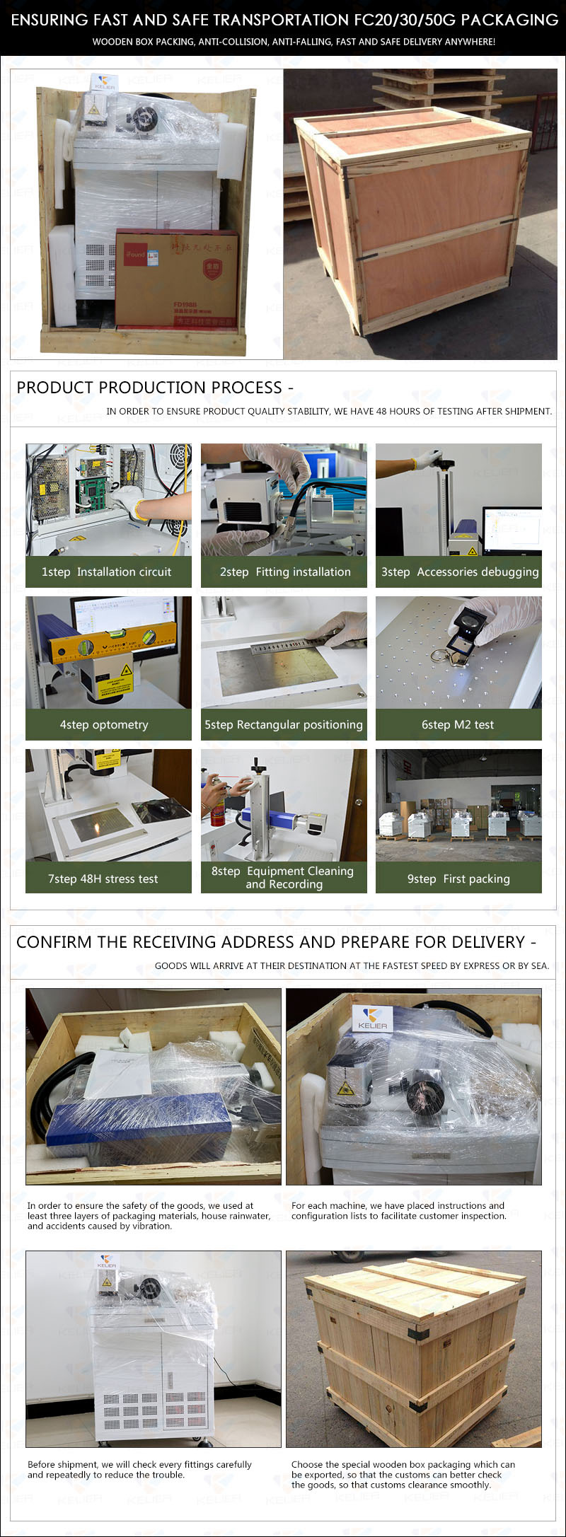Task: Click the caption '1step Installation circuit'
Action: click(106, 572)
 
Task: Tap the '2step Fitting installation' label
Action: click(285, 572)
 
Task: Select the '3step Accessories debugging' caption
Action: click(460, 572)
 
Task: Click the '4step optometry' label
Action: click(104, 724)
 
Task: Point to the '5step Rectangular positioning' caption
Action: click(284, 724)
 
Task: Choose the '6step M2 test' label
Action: click(458, 724)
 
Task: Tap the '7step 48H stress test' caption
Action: click(103, 878)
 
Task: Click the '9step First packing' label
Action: click(458, 878)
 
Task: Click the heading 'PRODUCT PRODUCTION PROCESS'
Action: click(149, 388)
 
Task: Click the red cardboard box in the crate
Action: click(177, 277)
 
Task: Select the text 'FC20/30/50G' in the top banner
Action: click(399, 20)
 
